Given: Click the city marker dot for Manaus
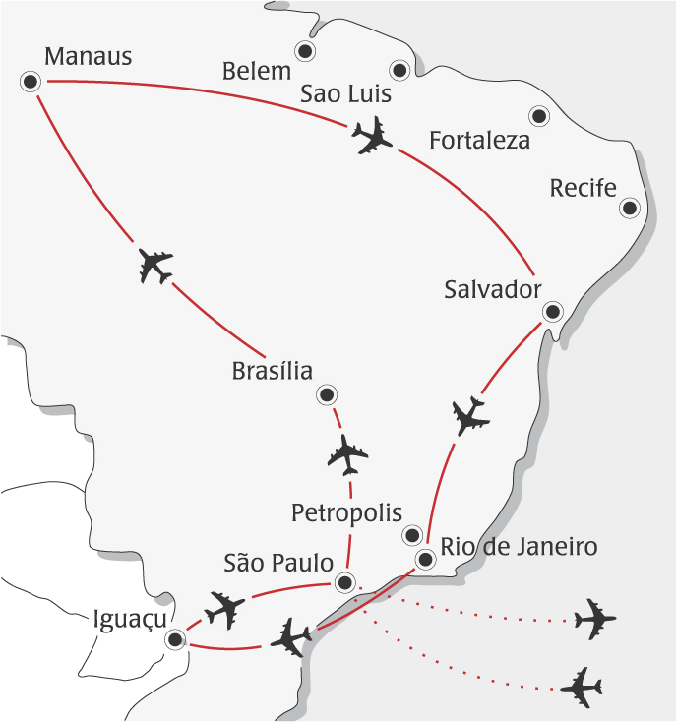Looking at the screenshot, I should tap(31, 82).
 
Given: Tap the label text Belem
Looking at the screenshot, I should tap(257, 71).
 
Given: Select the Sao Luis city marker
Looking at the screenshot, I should tap(399, 70).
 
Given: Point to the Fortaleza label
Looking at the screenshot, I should tap(480, 141).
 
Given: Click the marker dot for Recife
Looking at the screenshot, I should tap(630, 208).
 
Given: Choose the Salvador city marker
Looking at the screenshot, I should tap(552, 312).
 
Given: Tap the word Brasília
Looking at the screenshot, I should tap(273, 372).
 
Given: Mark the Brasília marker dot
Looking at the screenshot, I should tap(326, 395).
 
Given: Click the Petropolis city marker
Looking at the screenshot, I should tap(412, 536).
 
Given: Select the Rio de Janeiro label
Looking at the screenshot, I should tap(519, 547).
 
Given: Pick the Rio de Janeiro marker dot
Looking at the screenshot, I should tap(425, 560).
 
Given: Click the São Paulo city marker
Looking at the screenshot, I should tap(343, 581).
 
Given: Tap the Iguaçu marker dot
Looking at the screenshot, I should tap(175, 639).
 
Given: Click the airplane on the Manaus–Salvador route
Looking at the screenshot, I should tap(371, 136).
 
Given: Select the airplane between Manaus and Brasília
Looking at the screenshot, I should tap(155, 266).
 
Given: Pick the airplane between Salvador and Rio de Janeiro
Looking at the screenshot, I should tap(469, 417).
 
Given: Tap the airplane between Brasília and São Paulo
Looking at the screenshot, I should tap(347, 453).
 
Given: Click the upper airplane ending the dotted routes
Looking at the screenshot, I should tap(594, 619).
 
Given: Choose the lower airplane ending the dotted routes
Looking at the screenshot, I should tap(582, 687).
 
